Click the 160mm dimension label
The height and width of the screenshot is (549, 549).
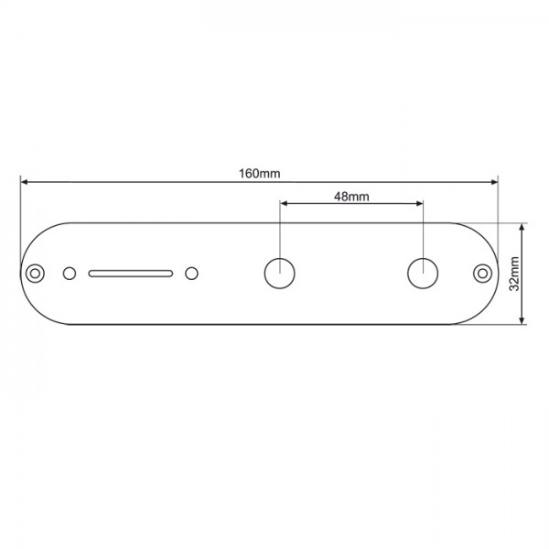coord(260,173)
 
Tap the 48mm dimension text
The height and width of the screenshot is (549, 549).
coord(351,196)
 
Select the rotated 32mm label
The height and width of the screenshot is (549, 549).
coord(515,273)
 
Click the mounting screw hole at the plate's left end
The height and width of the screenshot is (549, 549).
coord(36,273)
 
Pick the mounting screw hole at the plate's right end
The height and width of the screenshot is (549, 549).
coord(482,273)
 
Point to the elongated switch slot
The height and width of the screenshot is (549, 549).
coord(131,273)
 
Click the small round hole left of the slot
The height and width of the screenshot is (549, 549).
coord(70,273)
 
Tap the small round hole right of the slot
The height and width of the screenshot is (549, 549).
coord(191,273)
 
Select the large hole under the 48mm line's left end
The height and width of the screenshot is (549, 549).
coord(280,273)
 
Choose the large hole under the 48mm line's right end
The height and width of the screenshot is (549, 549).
coord(423,273)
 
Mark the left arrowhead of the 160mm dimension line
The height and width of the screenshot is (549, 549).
coord(25,182)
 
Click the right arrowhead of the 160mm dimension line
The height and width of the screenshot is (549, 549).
coord(494,182)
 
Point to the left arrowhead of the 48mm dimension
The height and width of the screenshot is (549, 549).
coord(285,204)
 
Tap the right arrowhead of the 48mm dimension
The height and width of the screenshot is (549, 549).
coord(418,204)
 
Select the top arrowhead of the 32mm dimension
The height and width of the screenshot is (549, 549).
coord(522,227)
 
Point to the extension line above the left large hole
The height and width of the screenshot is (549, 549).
coord(280,229)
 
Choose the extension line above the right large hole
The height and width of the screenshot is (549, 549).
coord(423,229)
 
